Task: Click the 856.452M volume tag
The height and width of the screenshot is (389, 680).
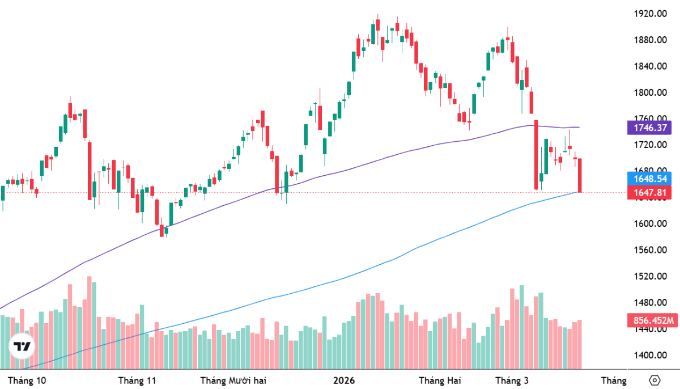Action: (652, 320)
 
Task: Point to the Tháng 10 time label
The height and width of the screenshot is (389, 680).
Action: (27, 380)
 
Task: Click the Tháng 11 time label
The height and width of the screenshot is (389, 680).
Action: (137, 380)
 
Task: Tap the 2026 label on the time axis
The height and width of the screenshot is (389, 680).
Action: (343, 380)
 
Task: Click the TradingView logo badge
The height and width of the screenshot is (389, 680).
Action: (23, 346)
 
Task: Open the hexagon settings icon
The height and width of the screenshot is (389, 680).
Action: (656, 380)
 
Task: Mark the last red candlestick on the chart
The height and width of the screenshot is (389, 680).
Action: (580, 176)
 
